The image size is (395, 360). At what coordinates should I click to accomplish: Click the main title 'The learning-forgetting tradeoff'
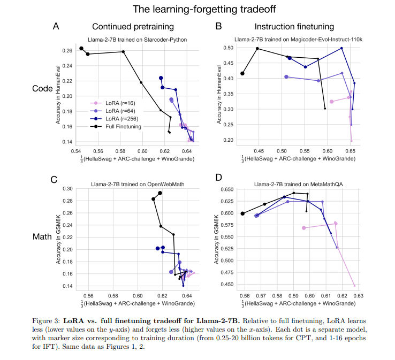pos(197,9)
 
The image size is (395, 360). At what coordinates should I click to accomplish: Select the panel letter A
pos(56,26)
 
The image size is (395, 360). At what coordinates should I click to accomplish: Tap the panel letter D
pos(218,178)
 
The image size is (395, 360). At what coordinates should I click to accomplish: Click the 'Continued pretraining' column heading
pos(130,27)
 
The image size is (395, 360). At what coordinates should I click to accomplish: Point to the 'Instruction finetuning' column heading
pos(294,27)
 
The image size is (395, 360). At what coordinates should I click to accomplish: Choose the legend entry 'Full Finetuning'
pos(120,126)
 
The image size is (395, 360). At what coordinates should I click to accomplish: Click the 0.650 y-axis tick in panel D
pos(226,189)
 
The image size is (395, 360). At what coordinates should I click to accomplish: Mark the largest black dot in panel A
pos(81,49)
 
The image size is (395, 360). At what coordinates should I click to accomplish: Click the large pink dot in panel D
pos(304,228)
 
